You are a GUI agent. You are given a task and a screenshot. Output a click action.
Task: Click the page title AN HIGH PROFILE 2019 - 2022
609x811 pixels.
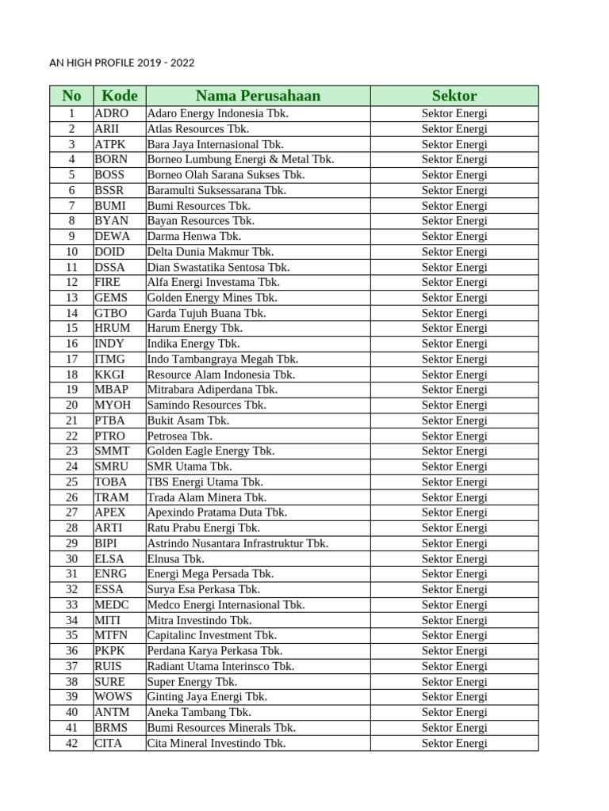121,63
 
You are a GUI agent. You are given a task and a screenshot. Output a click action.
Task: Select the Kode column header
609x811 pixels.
119,96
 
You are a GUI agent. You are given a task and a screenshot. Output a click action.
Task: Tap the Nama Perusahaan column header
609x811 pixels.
258,96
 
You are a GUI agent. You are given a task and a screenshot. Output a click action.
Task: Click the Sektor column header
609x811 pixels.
454,96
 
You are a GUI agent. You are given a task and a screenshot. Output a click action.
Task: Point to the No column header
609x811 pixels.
71,96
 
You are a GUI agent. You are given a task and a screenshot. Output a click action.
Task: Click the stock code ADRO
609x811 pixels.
111,113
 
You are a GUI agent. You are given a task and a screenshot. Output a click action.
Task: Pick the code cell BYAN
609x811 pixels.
111,221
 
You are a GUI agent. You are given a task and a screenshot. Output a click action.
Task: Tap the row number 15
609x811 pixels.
71,328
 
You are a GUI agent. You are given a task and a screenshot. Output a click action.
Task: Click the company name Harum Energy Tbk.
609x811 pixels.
194,328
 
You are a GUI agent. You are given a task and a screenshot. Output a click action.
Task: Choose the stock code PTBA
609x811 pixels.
110,421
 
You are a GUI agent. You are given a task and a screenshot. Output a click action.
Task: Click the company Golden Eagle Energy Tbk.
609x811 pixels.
211,451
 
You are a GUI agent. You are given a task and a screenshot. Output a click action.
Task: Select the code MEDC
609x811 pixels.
112,604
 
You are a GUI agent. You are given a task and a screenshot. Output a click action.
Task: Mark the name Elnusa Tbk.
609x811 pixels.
175,558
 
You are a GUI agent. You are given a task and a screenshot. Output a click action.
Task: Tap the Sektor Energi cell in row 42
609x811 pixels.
454,743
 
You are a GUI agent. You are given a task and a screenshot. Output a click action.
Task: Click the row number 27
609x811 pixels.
71,512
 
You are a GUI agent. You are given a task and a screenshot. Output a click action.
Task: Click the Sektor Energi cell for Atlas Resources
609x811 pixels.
454,128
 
